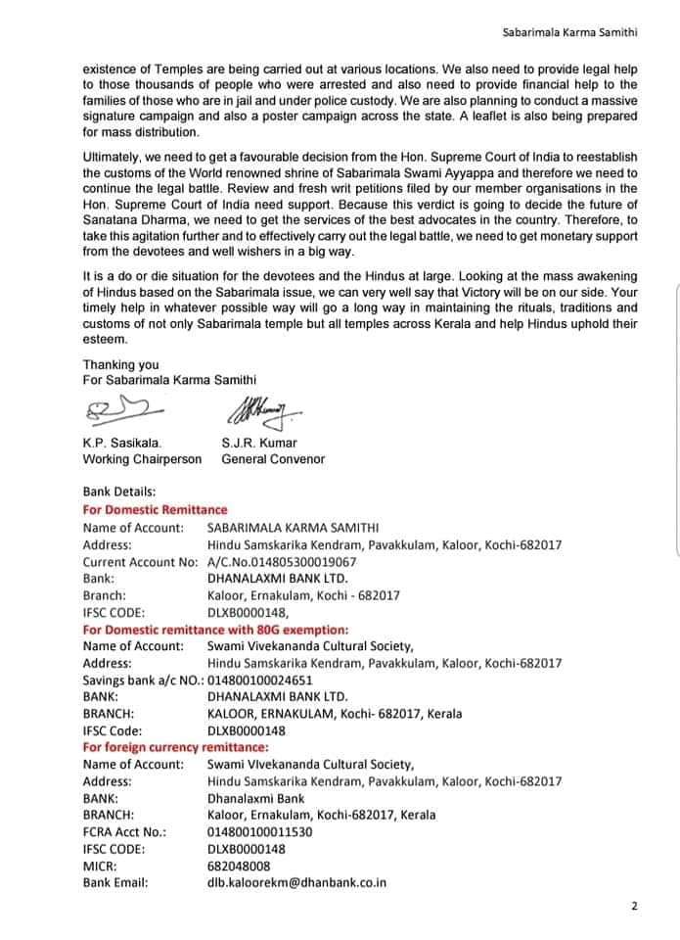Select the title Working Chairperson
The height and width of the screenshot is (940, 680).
(x=142, y=458)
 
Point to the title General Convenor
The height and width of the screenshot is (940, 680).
(x=273, y=458)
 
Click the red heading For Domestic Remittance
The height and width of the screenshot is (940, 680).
(x=155, y=510)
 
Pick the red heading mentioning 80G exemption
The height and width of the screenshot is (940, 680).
(x=215, y=629)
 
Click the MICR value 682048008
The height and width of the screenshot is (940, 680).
(x=239, y=866)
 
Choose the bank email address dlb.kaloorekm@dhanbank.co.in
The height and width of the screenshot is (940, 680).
(x=296, y=882)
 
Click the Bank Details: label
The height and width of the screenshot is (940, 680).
(x=119, y=492)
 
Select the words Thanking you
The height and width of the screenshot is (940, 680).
(x=120, y=364)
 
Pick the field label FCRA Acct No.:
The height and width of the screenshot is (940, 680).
(x=124, y=831)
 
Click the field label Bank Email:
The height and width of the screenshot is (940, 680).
(x=115, y=882)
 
